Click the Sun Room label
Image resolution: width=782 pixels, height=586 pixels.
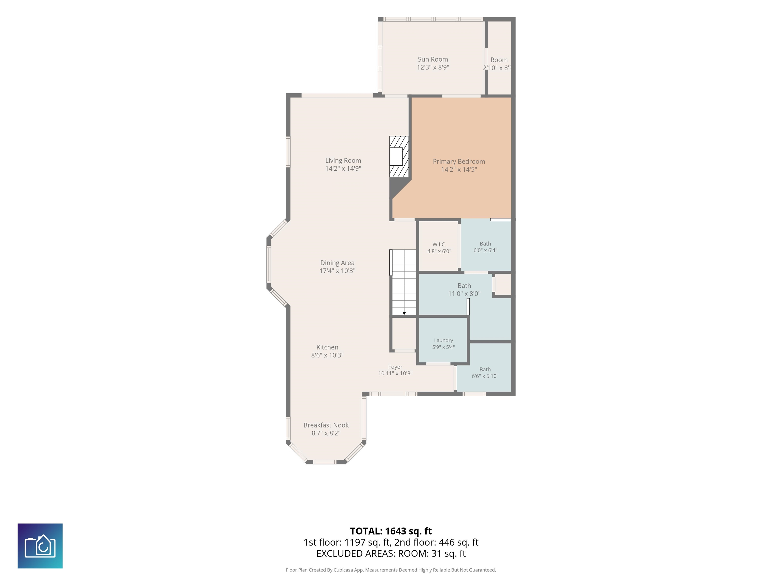[x=433, y=59]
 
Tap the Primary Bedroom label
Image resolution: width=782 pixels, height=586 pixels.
[x=459, y=162]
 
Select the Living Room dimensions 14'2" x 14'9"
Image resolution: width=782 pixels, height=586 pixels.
[x=343, y=168]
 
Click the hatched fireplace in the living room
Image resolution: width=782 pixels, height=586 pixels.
[x=399, y=156]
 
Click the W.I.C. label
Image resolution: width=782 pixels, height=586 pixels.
[x=439, y=244]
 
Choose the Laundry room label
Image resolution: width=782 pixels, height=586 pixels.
[x=443, y=340]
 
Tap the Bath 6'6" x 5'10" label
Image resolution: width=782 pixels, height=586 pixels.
[x=485, y=373]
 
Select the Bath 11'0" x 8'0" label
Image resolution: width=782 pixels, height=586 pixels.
[x=464, y=290]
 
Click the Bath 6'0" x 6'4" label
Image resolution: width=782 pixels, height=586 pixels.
[x=485, y=247]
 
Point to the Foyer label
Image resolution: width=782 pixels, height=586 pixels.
[x=395, y=367]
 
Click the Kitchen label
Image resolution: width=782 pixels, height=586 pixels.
[x=327, y=347]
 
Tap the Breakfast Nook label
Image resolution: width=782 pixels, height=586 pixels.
[x=326, y=425]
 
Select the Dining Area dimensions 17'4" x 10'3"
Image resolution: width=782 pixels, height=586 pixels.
[x=337, y=271]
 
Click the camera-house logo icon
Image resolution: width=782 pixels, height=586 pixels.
[x=40, y=546]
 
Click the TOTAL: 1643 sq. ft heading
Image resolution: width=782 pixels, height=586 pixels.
[x=391, y=531]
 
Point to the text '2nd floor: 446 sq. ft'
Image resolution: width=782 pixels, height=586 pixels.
[x=436, y=542]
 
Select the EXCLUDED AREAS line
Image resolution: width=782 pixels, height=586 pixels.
[x=391, y=553]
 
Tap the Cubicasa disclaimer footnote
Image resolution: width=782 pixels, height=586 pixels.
[x=391, y=570]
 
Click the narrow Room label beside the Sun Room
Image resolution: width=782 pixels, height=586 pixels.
[x=499, y=60]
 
